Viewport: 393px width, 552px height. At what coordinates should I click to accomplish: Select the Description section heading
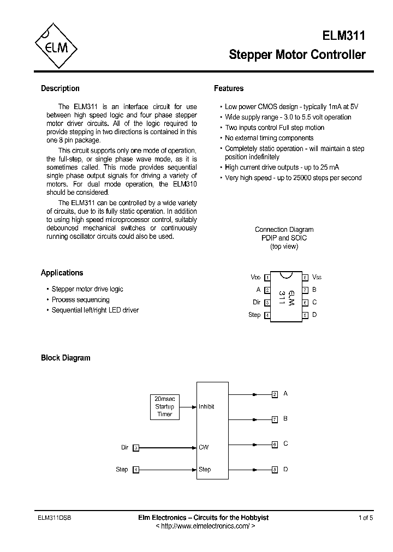tap(60, 88)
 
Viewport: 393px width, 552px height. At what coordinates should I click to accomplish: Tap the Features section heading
tap(229, 88)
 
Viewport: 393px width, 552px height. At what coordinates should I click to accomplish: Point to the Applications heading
tap(62, 273)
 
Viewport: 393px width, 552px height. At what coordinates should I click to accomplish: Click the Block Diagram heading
tap(65, 358)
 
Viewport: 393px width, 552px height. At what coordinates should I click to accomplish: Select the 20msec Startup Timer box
tap(164, 406)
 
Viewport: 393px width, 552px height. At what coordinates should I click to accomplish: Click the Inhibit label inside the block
tap(206, 406)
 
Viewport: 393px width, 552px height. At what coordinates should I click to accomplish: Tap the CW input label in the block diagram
tap(204, 447)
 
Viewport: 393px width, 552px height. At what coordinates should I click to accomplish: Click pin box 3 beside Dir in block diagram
tap(136, 448)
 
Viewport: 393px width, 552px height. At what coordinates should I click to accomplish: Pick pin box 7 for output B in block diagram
tap(275, 419)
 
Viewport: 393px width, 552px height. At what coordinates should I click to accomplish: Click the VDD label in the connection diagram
tap(255, 278)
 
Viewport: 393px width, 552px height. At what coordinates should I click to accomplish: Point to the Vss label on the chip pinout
tap(317, 278)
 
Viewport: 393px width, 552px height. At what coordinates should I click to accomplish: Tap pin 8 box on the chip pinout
tap(306, 278)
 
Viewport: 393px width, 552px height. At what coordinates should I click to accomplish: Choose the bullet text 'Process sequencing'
tap(80, 299)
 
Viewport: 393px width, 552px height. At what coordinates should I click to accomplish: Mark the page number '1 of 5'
tap(366, 518)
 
